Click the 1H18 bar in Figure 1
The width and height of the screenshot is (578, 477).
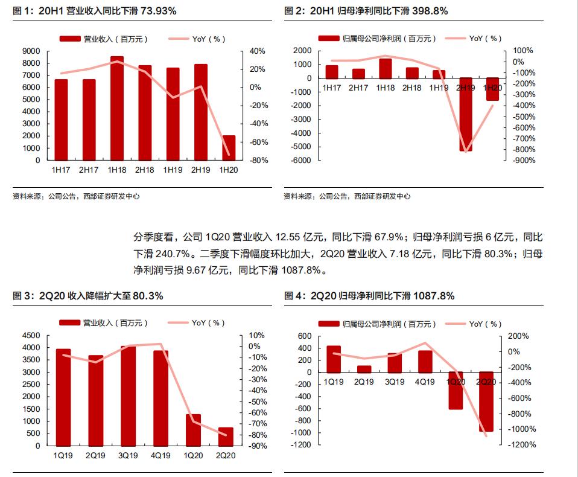117,109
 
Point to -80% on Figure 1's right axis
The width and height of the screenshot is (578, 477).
252,161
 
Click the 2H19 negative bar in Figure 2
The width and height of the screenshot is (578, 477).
466,114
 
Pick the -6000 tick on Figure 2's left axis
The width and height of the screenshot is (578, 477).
302,161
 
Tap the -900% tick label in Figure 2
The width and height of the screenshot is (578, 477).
523,161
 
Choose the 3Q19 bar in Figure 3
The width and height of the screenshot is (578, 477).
128,395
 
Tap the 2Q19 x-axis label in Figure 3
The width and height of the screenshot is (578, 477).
95,456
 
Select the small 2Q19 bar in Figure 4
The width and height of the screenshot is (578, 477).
364,369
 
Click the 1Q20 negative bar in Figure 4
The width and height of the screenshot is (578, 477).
456,391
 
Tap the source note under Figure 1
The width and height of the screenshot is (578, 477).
75,196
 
